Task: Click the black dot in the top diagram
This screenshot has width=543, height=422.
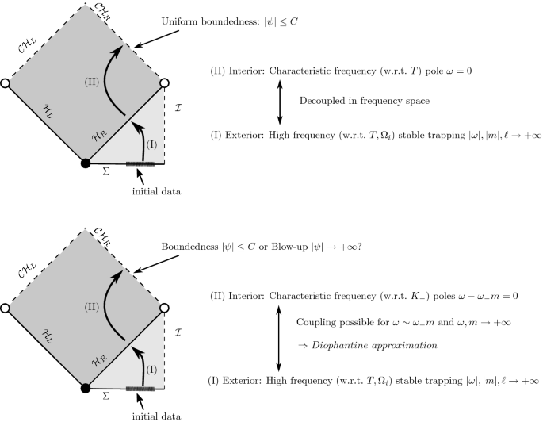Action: (86, 163)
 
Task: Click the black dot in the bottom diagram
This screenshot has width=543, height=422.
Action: (86, 387)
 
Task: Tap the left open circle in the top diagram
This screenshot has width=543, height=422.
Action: (6, 82)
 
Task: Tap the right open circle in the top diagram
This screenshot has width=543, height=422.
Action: (164, 82)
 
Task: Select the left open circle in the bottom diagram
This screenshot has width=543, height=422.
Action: (6, 307)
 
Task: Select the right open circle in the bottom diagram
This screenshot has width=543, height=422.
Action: (164, 307)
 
